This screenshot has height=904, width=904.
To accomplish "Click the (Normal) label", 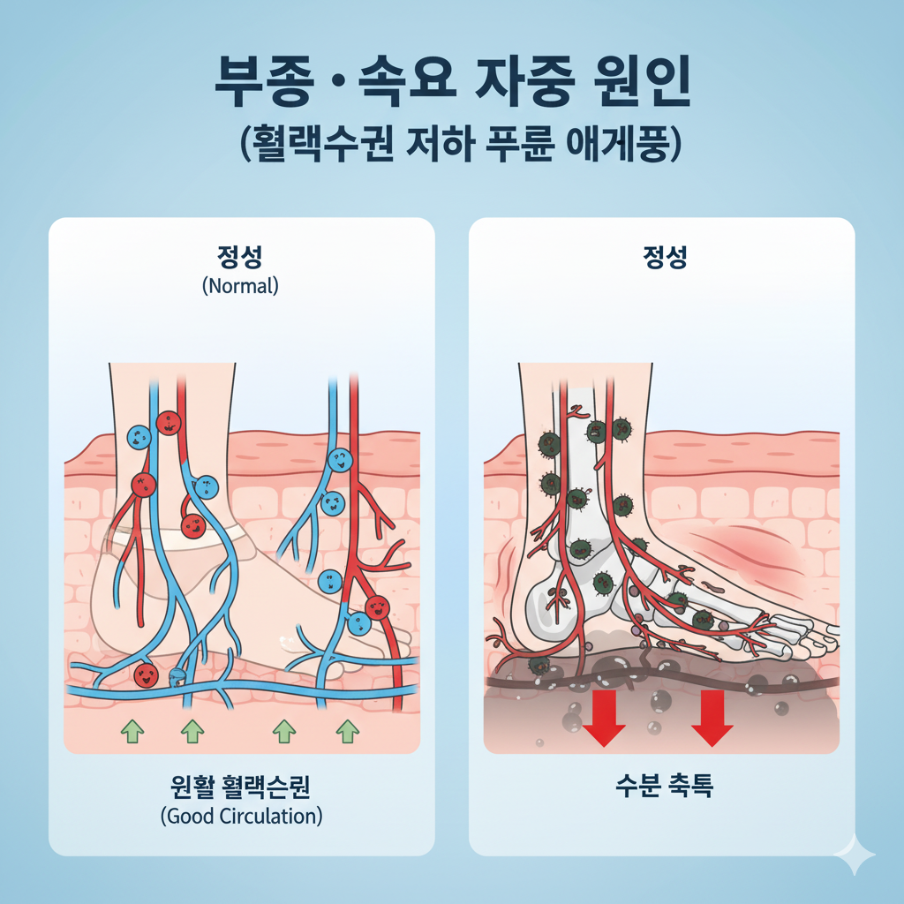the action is [240, 286].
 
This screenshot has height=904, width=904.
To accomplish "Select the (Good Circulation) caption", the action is [241, 816].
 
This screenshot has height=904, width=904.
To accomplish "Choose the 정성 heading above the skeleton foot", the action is [663, 257].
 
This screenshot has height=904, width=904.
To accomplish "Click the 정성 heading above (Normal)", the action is [240, 257].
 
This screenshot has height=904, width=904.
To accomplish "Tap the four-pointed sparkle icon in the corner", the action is [855, 855].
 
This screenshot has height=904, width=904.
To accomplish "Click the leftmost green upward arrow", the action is [132, 730].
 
